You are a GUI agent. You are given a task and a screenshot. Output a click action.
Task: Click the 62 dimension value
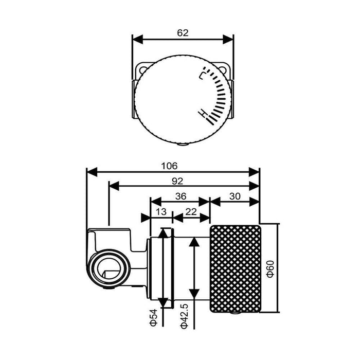pos(183,33)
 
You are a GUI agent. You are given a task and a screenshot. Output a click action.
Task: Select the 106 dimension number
pos(169,166)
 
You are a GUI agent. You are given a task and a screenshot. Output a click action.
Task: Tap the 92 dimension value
pos(177,181)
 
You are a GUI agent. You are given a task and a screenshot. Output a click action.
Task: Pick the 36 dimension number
pos(181,196)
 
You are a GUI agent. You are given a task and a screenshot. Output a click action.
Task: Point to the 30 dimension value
pos(235,196)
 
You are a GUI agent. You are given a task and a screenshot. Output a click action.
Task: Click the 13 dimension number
pos(161,212)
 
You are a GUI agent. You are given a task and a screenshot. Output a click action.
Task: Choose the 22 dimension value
pos(191,212)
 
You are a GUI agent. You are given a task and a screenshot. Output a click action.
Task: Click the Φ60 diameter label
pos(271,269)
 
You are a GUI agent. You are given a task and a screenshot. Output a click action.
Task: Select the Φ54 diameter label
pos(153,317)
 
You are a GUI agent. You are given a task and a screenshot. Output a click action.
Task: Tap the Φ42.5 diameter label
pos(184,316)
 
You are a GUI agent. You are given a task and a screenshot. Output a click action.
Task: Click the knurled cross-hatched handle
pos(236,269)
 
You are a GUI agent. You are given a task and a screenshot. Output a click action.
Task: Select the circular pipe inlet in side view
pos(109,268)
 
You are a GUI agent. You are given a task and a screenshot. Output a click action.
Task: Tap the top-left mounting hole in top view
pos(143,70)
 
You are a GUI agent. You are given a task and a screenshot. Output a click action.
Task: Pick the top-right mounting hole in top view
pos(222,70)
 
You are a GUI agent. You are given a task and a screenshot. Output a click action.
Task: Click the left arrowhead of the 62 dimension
pos(138,39)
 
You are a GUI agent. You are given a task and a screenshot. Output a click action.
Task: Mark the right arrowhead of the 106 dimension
pos(254,172)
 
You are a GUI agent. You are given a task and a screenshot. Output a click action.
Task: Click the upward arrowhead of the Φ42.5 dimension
pos(194,242)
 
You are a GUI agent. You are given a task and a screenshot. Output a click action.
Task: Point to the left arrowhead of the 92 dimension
pos(114,186)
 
